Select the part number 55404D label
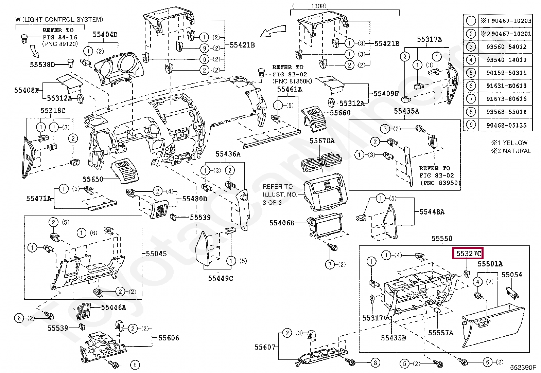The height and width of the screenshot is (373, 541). pyautogui.click(x=105, y=35)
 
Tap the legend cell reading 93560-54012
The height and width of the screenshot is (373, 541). pyautogui.click(x=506, y=46)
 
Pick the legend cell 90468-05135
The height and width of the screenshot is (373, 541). pyautogui.click(x=506, y=125)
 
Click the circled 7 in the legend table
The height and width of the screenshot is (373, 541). pyautogui.click(x=471, y=99)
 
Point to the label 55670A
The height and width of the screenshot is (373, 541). pyautogui.click(x=322, y=141)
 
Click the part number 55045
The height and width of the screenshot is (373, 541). pyautogui.click(x=156, y=254)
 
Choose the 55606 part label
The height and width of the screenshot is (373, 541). pyautogui.click(x=169, y=338)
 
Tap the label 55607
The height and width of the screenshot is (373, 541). pyautogui.click(x=265, y=347)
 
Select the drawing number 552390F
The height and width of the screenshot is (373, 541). pyautogui.click(x=523, y=368)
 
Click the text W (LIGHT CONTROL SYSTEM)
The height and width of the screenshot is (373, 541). pyautogui.click(x=59, y=20)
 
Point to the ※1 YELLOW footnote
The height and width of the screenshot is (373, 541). pyautogui.click(x=509, y=143)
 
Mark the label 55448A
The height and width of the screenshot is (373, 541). pyautogui.click(x=432, y=212)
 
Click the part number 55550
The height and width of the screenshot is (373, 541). pyautogui.click(x=442, y=239)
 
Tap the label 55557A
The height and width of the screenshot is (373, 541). pyautogui.click(x=441, y=333)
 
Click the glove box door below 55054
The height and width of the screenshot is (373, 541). pyautogui.click(x=493, y=326)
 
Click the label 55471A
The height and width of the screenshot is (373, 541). pyautogui.click(x=39, y=199)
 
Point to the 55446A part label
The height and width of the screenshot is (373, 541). pyautogui.click(x=114, y=307)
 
